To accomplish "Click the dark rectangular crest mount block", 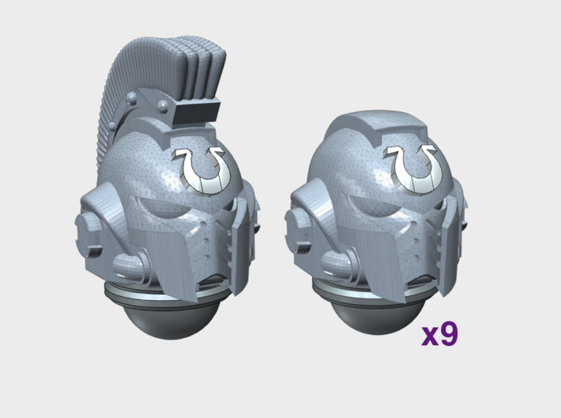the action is click(197, 112).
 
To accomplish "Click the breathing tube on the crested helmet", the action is click(130, 266).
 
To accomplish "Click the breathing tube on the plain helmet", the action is click(340, 264).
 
